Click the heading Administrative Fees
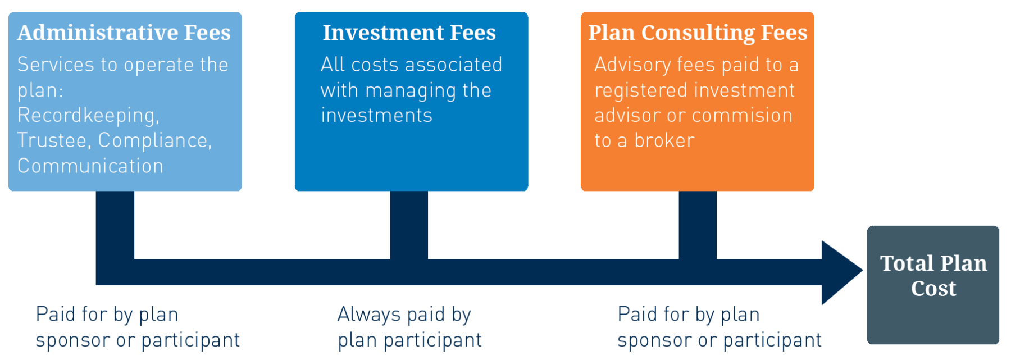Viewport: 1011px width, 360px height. pos(124,33)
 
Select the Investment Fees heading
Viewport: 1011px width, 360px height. pos(409,33)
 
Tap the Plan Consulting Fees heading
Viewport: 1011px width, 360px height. pos(698,33)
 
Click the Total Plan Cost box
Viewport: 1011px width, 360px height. pos(933,285)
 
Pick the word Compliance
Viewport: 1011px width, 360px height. pos(154,140)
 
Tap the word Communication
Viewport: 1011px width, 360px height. pos(90,166)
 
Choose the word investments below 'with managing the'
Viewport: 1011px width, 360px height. pos(376,115)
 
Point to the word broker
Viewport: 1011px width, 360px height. pos(664,140)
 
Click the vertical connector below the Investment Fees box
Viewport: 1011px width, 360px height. pos(409,225)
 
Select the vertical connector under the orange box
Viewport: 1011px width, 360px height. pos(698,225)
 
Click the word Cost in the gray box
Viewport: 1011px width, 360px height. pos(933,289)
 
